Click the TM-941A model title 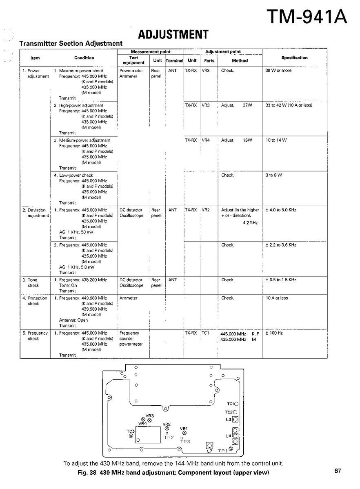[307, 17]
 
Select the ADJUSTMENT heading [173, 34]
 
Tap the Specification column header [294, 58]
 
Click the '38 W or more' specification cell [278, 71]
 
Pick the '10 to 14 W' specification [276, 140]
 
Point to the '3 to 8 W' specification [273, 175]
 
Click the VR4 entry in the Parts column [205, 140]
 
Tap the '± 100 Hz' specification [274, 333]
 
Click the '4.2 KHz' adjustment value [250, 223]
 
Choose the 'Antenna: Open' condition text [73, 320]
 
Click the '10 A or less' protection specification [277, 298]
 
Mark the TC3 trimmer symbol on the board [131, 436]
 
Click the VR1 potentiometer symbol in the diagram [184, 433]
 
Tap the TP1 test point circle [231, 449]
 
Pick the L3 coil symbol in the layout [235, 419]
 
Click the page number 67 [338, 471]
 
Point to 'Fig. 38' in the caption [88, 473]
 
